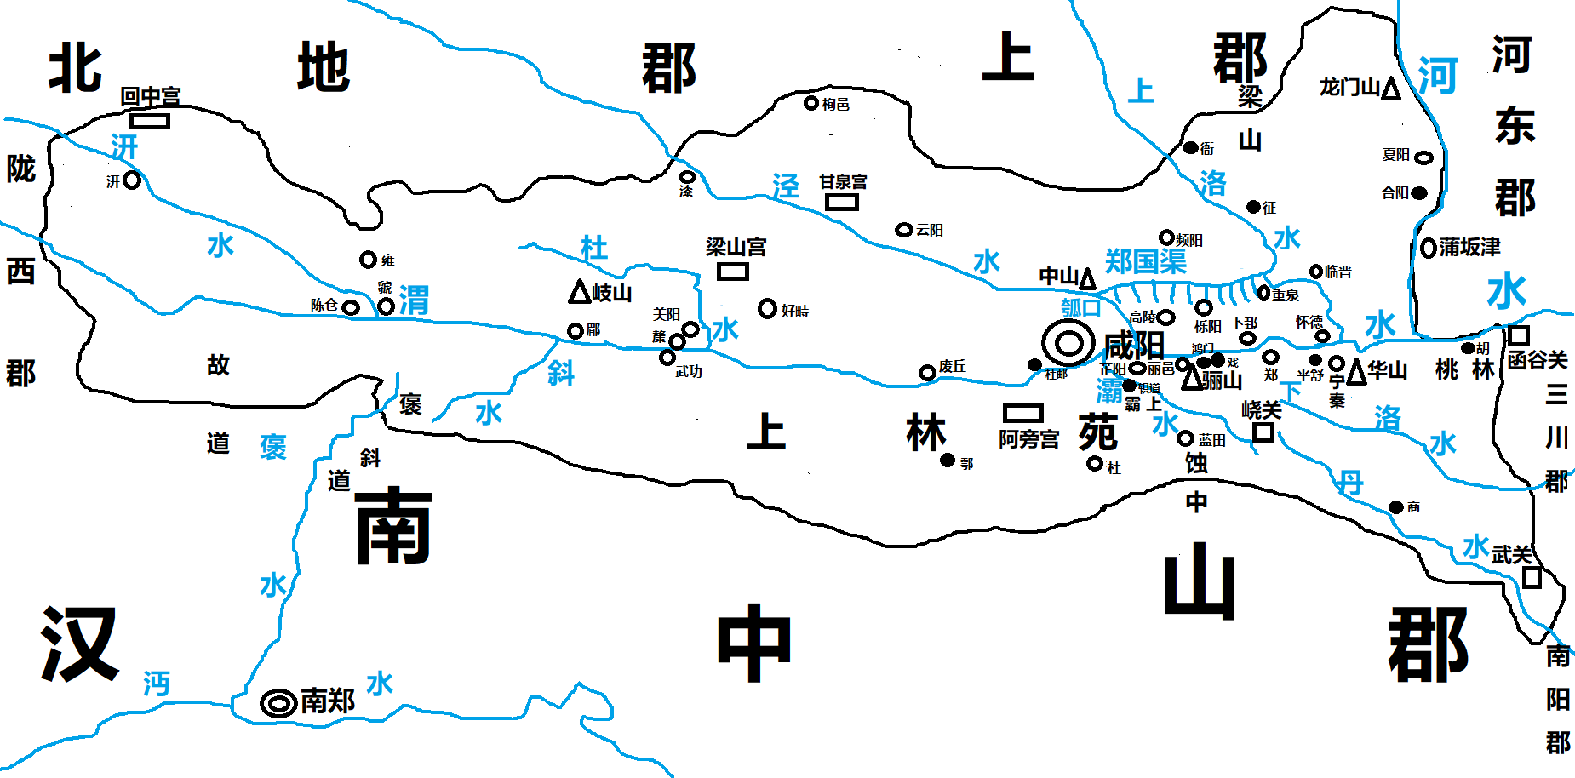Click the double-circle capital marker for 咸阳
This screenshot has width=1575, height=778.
[1068, 344]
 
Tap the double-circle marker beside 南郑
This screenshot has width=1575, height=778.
[278, 704]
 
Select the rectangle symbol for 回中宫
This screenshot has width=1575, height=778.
[151, 121]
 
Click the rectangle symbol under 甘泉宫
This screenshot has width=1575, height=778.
[841, 202]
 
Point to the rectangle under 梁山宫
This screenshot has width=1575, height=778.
[732, 272]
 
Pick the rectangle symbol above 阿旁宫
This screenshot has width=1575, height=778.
[1022, 413]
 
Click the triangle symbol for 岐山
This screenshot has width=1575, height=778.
[580, 292]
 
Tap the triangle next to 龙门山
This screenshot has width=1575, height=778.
[1390, 89]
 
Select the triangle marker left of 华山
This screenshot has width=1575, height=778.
[1356, 372]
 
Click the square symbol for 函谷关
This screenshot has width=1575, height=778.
[1519, 335]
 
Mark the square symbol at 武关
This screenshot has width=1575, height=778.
[1532, 577]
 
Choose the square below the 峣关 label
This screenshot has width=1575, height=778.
[1263, 432]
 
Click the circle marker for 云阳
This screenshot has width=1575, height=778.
[904, 230]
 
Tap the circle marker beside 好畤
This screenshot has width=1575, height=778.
[767, 308]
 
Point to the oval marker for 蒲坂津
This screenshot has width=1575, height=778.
[1429, 248]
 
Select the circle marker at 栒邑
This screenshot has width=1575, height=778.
[811, 103]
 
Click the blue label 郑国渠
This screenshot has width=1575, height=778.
[1145, 261]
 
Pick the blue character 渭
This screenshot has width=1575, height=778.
[414, 300]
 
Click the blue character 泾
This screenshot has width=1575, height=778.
[786, 186]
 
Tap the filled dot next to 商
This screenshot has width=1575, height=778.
[1396, 507]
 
